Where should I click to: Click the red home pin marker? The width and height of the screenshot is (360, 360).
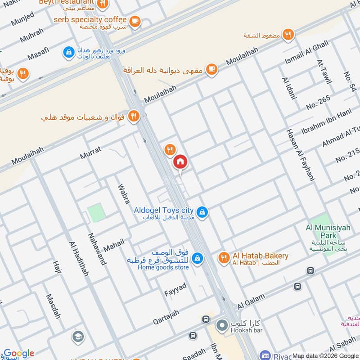[x=180, y=162]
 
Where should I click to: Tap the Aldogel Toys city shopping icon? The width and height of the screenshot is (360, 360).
[x=202, y=211]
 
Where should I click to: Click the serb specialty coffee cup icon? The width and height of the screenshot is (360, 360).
[x=134, y=21]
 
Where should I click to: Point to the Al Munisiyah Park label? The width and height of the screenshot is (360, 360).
[x=328, y=231]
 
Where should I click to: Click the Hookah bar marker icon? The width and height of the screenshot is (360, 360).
[x=222, y=325]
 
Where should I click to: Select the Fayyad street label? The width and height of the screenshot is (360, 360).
[x=175, y=288]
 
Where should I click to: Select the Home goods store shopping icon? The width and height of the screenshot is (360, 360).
[x=197, y=259]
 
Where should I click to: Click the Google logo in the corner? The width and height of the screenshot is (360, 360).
[x=19, y=353]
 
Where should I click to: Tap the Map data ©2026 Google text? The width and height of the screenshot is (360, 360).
[x=324, y=355]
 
